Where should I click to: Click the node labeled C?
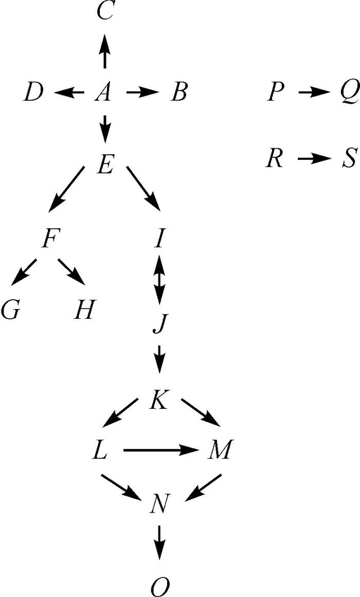coord(105,11)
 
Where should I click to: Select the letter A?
coord(104,93)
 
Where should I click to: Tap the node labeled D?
coord(33,94)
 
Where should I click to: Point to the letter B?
coord(178,94)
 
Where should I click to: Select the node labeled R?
coord(275,159)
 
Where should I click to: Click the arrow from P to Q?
coord(313,93)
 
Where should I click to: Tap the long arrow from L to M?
coord(161,451)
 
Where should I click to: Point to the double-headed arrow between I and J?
coord(159,280)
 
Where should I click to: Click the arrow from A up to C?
coord(105,51)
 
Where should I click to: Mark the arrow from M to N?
coord(204,487)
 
